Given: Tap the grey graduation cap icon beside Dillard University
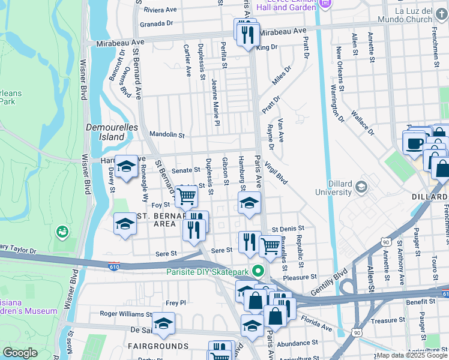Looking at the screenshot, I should click(361, 187).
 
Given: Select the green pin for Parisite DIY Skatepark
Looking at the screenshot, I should click(259, 271).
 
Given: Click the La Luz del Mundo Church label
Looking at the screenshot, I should click(422, 15).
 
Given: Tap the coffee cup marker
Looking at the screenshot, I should click(414, 144).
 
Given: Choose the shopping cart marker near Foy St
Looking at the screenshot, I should click(187, 195).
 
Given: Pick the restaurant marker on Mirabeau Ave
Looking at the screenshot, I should click(248, 33).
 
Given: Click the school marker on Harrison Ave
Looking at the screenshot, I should click(126, 167).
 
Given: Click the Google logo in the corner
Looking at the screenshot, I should click(20, 353).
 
